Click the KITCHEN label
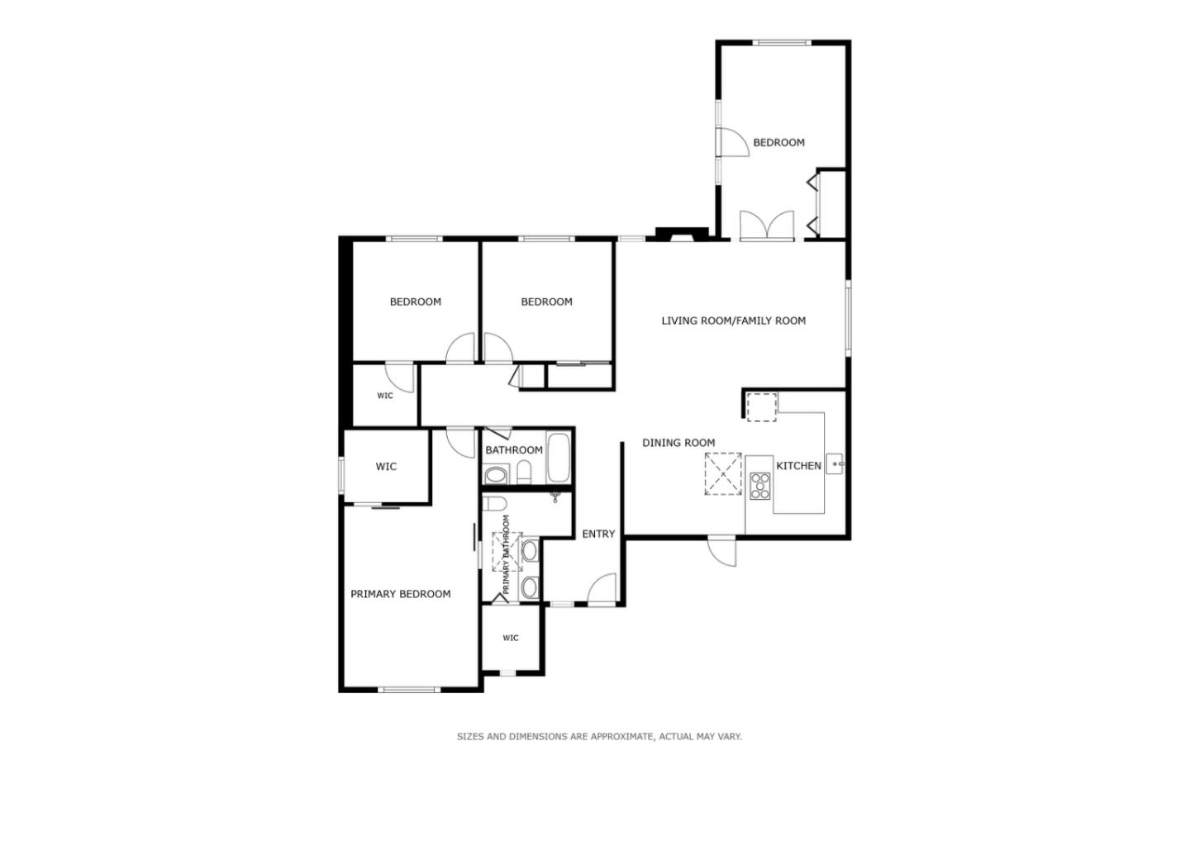point(798,466)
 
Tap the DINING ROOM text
point(678,443)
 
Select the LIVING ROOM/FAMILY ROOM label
point(733,321)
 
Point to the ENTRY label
point(598,535)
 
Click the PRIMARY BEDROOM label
point(401,594)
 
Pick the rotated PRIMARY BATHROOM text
point(507,543)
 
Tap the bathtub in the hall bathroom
point(559,458)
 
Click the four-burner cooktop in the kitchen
point(760,486)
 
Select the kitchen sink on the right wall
point(835,464)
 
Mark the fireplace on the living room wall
point(682,235)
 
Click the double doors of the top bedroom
point(767,226)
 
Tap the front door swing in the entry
point(602,589)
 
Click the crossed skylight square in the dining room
point(723,474)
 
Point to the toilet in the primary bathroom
point(494,504)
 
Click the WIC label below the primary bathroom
point(511,638)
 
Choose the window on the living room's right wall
point(848,318)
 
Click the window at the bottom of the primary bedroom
point(411,689)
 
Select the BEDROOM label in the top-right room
point(778,142)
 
